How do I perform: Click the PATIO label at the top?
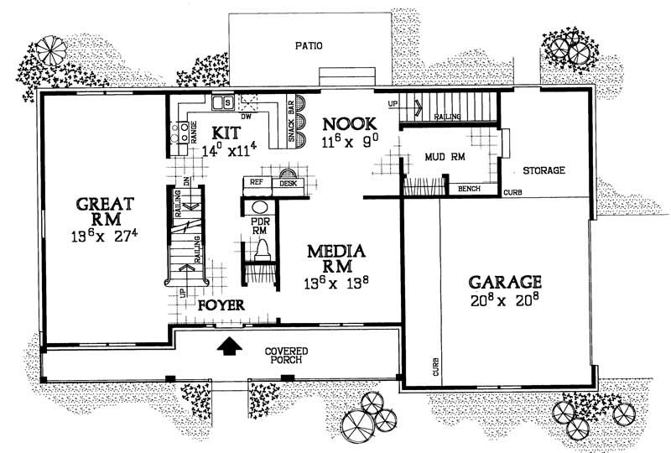click(x=310, y=45)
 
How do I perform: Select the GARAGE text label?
click(x=504, y=282)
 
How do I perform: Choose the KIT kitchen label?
click(x=226, y=133)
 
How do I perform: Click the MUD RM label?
click(x=445, y=157)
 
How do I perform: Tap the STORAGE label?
click(x=544, y=170)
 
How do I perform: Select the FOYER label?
click(x=221, y=306)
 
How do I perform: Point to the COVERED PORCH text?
click(x=286, y=355)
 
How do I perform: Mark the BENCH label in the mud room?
click(x=469, y=189)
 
